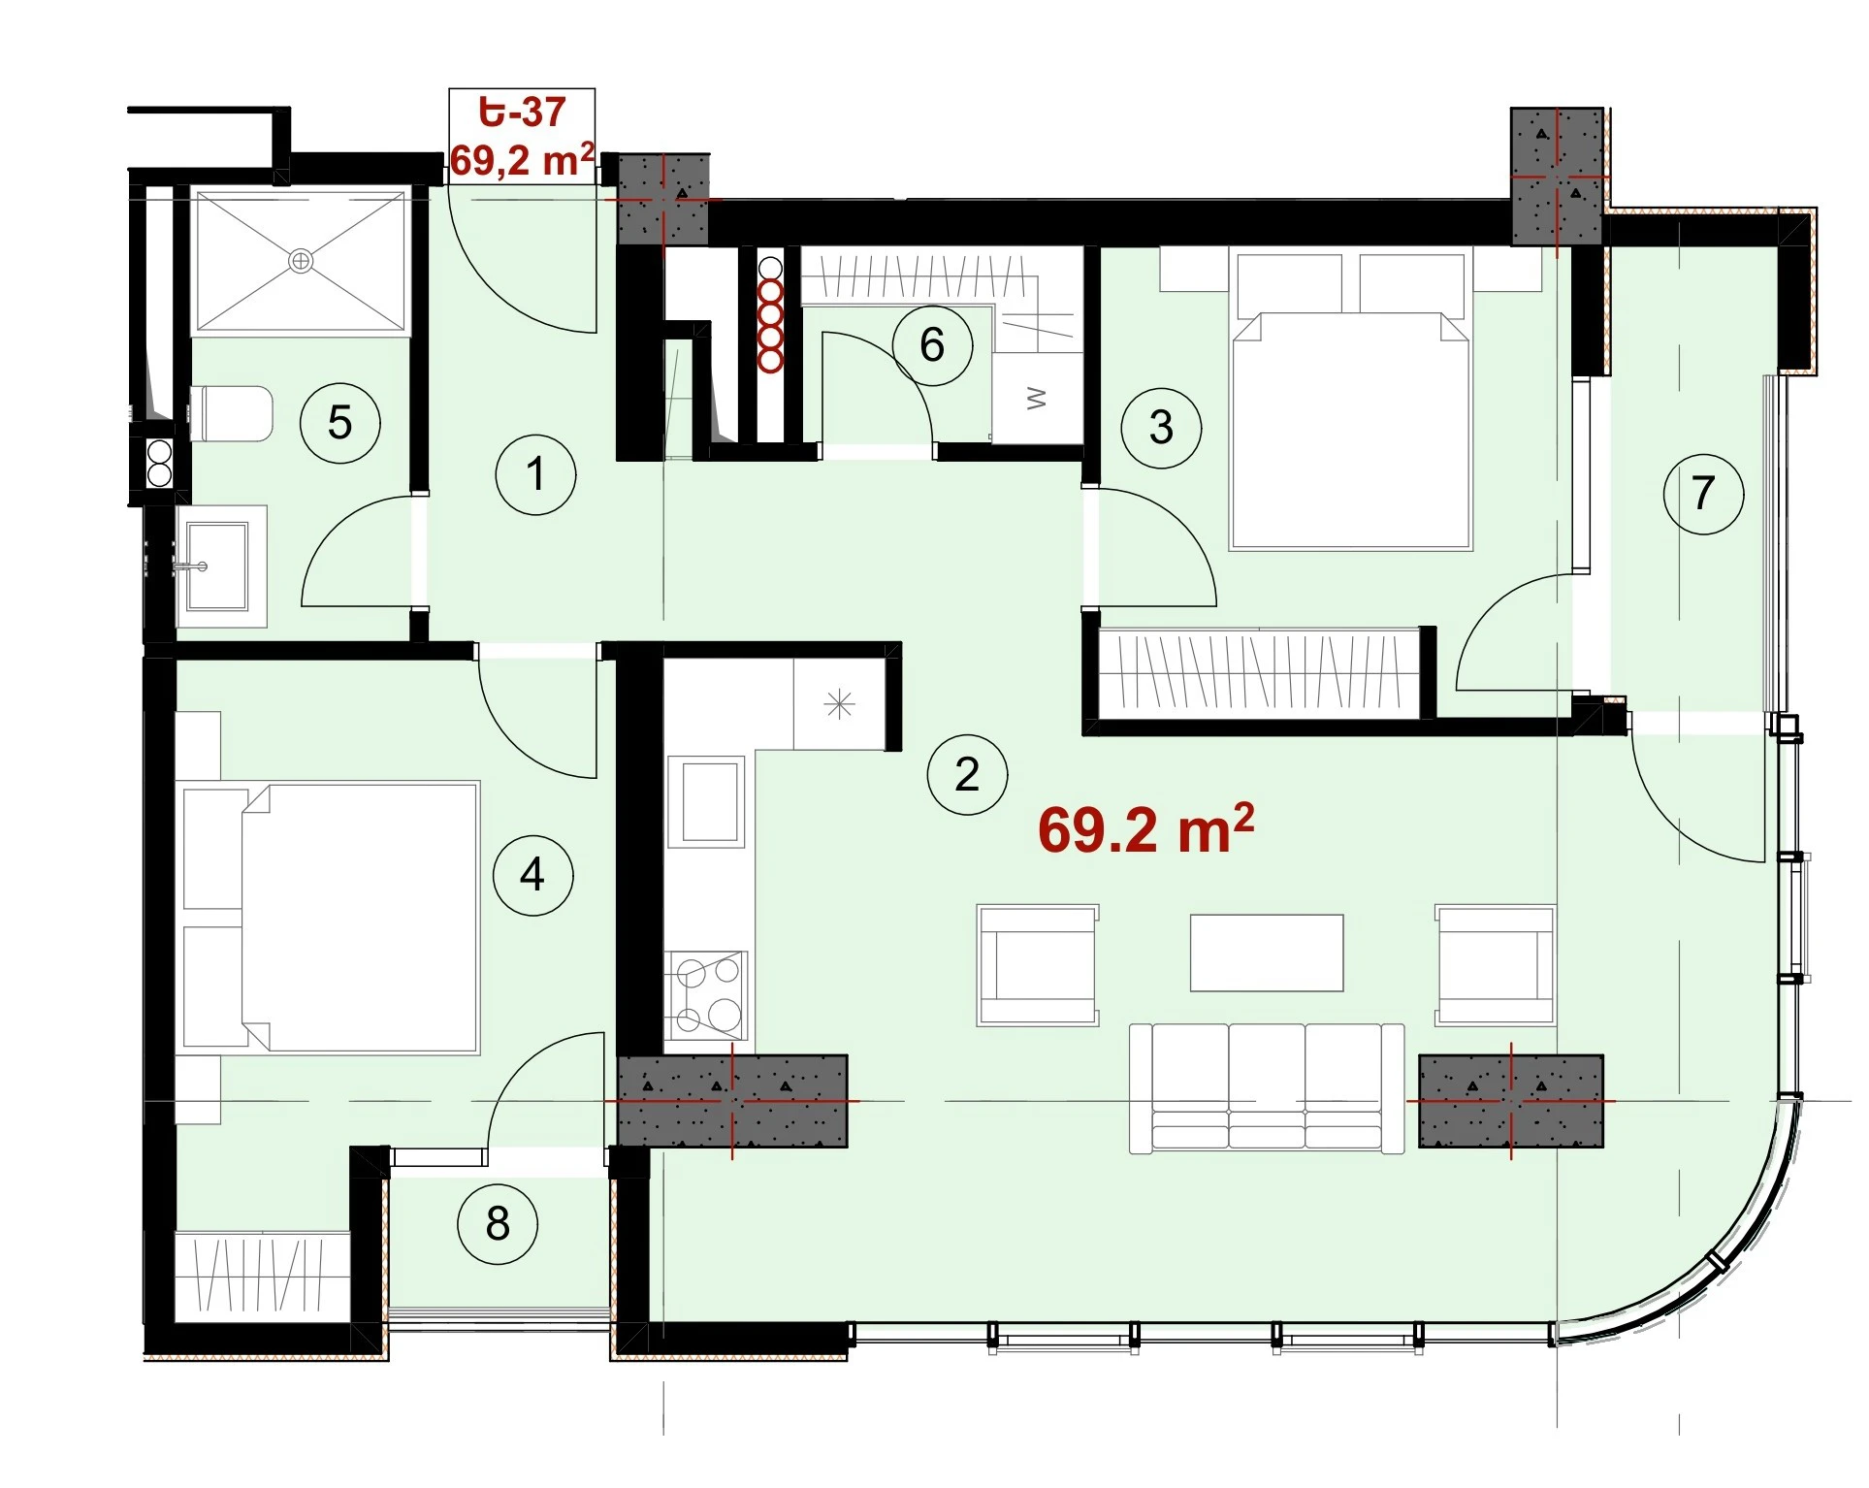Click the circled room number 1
[x=535, y=475]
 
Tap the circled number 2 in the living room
[x=967, y=774]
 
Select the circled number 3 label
[x=1161, y=428]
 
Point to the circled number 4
[x=532, y=876]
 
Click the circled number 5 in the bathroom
[x=339, y=423]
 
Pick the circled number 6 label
[x=932, y=345]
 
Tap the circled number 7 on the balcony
[x=1703, y=494]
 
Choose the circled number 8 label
[x=498, y=1224]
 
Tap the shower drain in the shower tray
[x=302, y=260]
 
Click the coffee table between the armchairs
[x=1267, y=953]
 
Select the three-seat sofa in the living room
[x=1267, y=1087]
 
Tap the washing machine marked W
[x=1037, y=398]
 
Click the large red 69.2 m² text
[x=1146, y=830]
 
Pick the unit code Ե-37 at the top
[x=522, y=113]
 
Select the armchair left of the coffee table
[x=1038, y=965]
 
